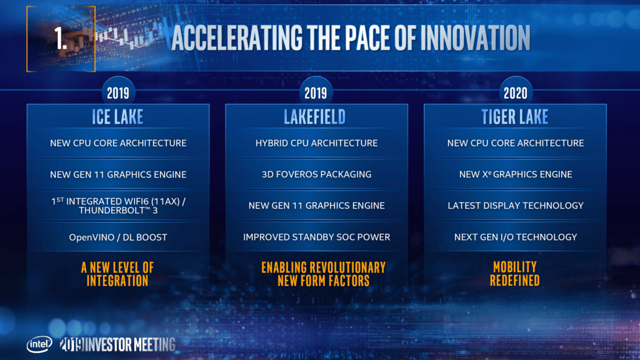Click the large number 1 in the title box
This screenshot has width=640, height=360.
(x=60, y=39)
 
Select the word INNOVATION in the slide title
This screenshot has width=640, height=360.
(x=475, y=39)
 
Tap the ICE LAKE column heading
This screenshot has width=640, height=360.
(x=118, y=116)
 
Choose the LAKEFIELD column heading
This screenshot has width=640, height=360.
(x=316, y=116)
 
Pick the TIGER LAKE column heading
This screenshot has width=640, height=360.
(x=515, y=116)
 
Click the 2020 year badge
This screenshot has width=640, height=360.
(x=515, y=93)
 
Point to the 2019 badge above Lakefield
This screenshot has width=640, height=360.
(x=316, y=93)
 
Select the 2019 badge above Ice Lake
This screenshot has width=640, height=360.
(x=118, y=93)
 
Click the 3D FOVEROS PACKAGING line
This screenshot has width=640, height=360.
(x=316, y=174)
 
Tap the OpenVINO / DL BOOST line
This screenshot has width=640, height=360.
(x=118, y=237)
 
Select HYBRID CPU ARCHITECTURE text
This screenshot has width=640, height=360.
(x=316, y=143)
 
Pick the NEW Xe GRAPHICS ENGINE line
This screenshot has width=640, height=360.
(x=515, y=174)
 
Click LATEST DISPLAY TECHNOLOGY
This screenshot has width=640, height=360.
(x=515, y=205)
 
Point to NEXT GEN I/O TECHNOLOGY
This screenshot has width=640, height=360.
(x=515, y=237)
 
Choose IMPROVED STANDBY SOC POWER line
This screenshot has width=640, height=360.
(x=316, y=237)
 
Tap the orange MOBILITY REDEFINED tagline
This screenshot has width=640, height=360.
(x=515, y=274)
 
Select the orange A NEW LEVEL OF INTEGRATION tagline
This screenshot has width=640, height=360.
(x=118, y=274)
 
